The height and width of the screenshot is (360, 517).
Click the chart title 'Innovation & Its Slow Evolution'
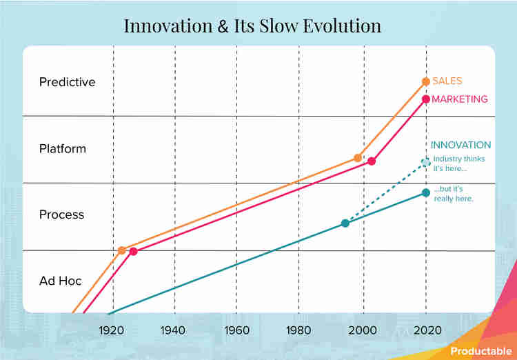pyautogui.click(x=252, y=26)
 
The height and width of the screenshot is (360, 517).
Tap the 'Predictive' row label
pyautogui.click(x=67, y=82)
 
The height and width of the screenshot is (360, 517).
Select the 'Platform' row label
pyautogui.click(x=63, y=148)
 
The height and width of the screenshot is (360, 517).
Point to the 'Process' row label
pyautogui.click(x=61, y=214)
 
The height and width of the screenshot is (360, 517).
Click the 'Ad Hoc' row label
pyautogui.click(x=60, y=281)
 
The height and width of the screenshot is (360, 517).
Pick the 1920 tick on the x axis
pyautogui.click(x=112, y=330)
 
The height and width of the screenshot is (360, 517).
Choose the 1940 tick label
pyautogui.click(x=174, y=330)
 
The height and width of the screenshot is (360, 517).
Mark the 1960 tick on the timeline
pyautogui.click(x=236, y=330)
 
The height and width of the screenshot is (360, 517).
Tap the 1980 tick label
pyautogui.click(x=298, y=330)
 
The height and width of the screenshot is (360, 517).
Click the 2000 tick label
pyautogui.click(x=363, y=330)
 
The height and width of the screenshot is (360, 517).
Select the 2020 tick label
pyautogui.click(x=425, y=330)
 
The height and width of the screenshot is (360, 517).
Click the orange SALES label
pyautogui.click(x=447, y=81)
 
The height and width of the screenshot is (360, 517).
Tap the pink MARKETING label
pyautogui.click(x=459, y=99)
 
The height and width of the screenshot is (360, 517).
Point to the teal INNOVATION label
pyautogui.click(x=460, y=146)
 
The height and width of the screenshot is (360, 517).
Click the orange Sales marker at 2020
pyautogui.click(x=426, y=81)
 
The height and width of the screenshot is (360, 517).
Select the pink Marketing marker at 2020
pyautogui.click(x=426, y=99)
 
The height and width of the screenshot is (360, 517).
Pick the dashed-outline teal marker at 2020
pyautogui.click(x=426, y=163)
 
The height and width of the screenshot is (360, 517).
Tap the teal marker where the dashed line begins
pyautogui.click(x=345, y=223)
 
